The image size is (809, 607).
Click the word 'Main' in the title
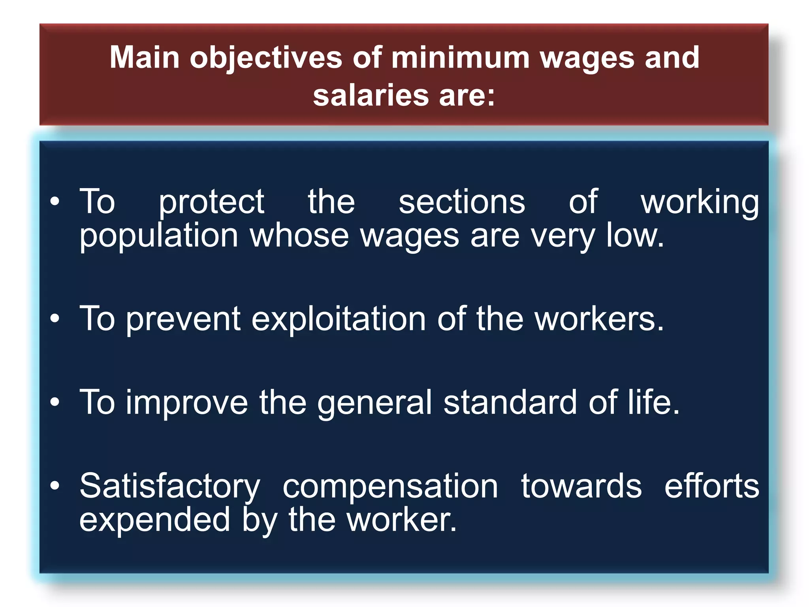[145, 58]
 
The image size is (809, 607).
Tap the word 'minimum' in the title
[460, 58]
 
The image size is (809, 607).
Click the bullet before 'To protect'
[55, 202]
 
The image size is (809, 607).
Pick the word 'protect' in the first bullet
[211, 203]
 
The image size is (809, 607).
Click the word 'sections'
[461, 202]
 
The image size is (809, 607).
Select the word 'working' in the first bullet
[699, 203]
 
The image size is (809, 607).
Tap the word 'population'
[159, 236]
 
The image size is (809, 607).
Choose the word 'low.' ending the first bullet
[634, 236]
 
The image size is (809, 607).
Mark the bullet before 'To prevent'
[55, 318]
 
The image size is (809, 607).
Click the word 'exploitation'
[339, 319]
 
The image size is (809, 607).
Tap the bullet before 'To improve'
[55, 402]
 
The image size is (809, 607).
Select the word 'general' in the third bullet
[374, 403]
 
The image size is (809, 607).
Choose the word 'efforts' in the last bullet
[711, 486]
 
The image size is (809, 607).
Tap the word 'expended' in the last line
[154, 520]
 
